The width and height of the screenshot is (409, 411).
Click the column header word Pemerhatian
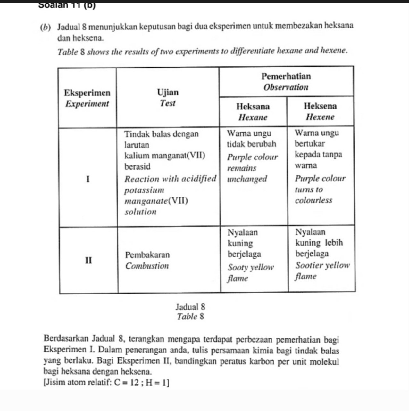tap(286, 76)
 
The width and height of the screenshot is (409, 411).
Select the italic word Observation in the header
tap(286, 87)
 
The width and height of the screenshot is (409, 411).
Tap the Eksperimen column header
tap(87, 93)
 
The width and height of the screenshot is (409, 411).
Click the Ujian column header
tap(168, 92)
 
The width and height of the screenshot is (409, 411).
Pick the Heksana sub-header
tap(253, 106)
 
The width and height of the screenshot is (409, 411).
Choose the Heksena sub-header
tap(320, 106)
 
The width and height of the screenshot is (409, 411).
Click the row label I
tap(88, 179)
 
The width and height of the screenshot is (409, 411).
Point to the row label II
tap(88, 260)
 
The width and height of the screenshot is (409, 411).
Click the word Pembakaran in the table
tap(147, 255)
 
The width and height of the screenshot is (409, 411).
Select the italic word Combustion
tap(147, 266)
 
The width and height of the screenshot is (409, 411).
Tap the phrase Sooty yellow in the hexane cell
tap(251, 267)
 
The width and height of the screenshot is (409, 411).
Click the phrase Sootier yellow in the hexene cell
tap(322, 265)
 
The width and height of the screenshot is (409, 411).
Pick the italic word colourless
tap(313, 200)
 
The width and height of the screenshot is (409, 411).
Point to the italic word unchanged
tap(247, 179)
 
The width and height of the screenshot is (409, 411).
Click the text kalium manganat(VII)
tap(165, 156)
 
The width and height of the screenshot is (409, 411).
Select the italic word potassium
tap(144, 190)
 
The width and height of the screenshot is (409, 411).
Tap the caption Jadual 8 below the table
tap(190, 307)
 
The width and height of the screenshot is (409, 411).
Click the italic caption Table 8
tap(190, 317)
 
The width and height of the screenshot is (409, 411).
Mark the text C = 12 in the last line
tap(127, 383)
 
